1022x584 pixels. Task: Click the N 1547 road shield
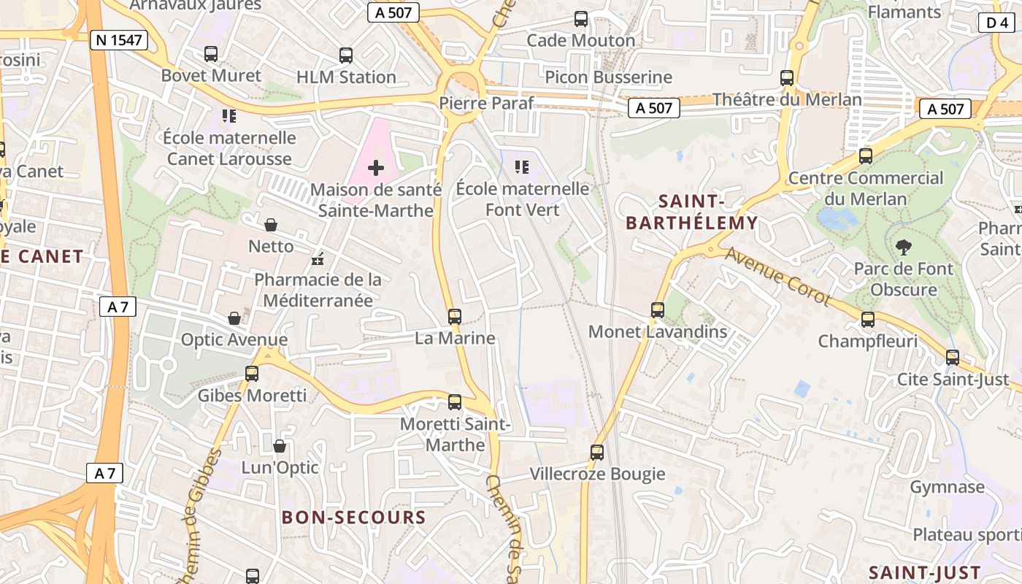120,39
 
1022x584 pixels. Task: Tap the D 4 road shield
996,23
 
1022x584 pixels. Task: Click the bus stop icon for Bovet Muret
211,54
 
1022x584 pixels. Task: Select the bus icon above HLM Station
346,55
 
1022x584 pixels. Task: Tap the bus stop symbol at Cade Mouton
581,19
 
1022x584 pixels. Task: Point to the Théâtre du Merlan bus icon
787,78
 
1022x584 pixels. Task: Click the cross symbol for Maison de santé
376,169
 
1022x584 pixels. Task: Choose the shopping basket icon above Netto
271,225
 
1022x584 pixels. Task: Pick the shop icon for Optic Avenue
234,318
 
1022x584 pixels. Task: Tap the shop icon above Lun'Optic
280,446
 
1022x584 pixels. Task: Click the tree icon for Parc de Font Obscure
903,247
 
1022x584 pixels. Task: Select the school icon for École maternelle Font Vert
522,167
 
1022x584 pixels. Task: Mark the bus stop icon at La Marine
455,317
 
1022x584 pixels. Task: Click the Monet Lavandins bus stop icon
658,310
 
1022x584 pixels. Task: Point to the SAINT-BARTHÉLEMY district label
692,212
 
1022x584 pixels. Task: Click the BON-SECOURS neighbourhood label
354,518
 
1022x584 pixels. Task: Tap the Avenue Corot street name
777,277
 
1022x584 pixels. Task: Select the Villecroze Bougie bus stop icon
597,453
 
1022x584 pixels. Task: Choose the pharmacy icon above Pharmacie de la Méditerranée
318,258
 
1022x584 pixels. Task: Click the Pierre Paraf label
486,103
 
